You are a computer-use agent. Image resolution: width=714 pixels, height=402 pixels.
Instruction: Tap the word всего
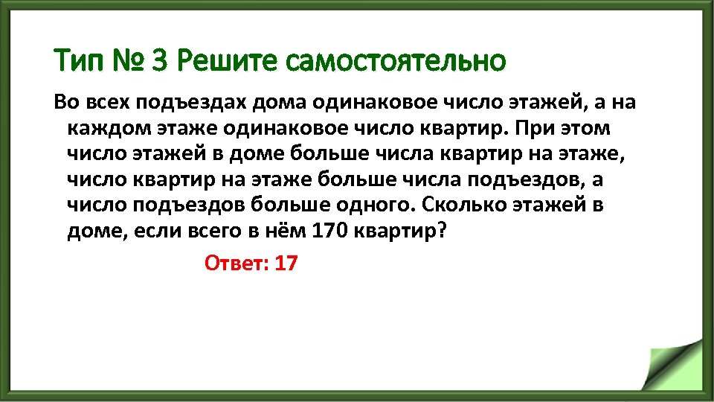(x=211, y=231)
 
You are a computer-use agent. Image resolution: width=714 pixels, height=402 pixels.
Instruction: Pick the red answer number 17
(x=286, y=264)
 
